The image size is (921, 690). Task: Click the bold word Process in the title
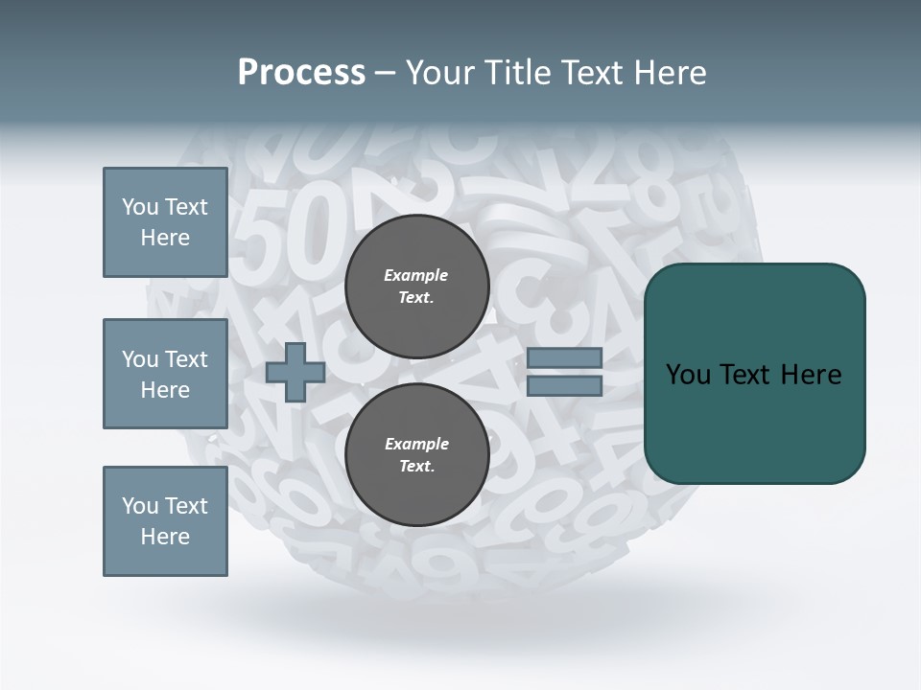(x=301, y=73)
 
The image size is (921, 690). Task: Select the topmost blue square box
(x=165, y=222)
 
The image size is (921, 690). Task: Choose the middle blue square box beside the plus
(x=165, y=374)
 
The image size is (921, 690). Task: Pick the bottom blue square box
(x=165, y=521)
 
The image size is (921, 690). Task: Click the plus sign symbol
(x=295, y=373)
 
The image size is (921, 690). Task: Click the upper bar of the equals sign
(x=564, y=358)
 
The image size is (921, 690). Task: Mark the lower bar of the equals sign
(x=564, y=386)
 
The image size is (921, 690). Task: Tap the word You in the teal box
(x=689, y=375)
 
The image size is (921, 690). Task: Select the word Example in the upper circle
(x=416, y=275)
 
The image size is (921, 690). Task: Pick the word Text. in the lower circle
(x=416, y=467)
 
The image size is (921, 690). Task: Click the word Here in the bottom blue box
(x=165, y=537)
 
